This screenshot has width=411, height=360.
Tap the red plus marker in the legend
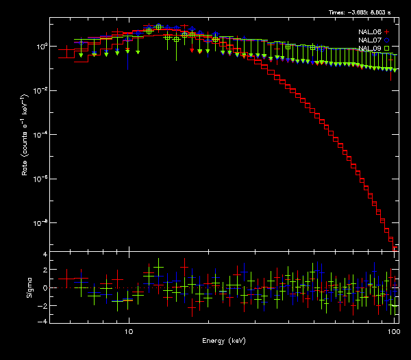point(387,32)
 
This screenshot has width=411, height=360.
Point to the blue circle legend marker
point(387,40)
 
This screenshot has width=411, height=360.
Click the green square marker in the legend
point(387,49)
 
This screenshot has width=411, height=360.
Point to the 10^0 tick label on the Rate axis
point(40,46)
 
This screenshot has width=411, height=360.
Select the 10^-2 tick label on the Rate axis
point(39,90)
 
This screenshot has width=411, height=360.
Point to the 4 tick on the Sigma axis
point(45,255)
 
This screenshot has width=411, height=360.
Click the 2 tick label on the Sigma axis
point(45,271)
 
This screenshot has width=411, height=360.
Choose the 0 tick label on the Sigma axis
point(45,288)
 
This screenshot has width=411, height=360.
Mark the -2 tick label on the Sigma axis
point(42,305)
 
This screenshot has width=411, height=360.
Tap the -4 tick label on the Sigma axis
point(42,321)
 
